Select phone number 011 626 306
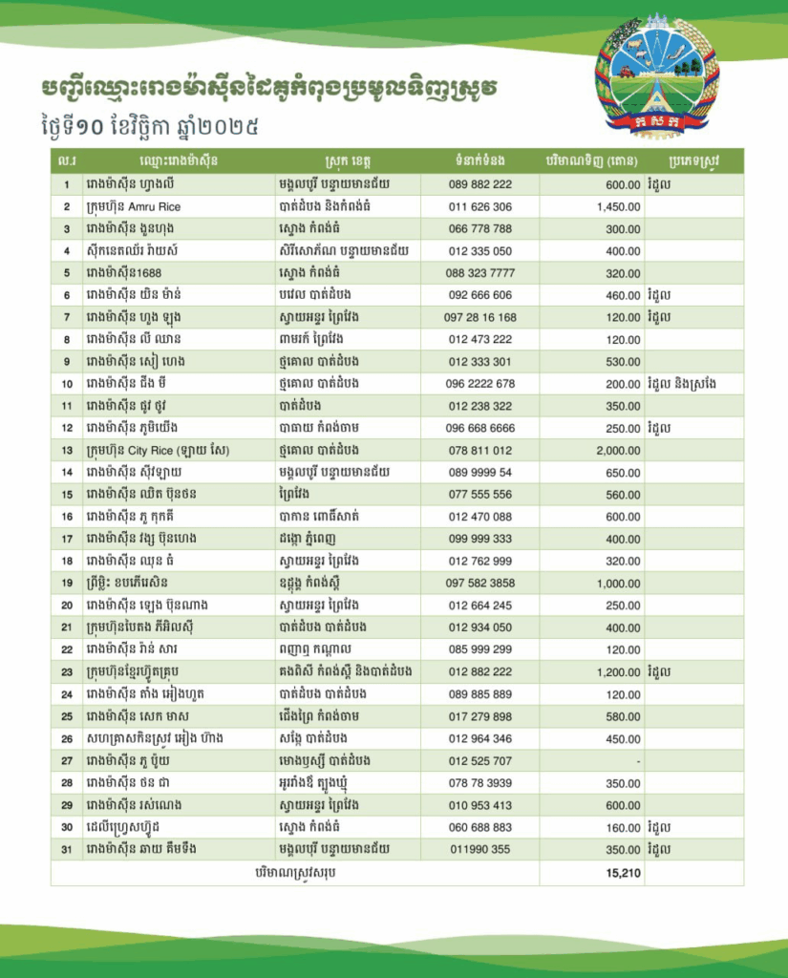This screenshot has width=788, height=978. (x=479, y=206)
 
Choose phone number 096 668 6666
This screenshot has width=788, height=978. (x=479, y=428)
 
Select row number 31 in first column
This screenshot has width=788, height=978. (x=67, y=849)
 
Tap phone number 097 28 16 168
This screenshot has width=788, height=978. (x=479, y=317)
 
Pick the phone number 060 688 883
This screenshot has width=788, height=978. (x=479, y=827)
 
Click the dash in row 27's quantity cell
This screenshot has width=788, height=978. (x=637, y=760)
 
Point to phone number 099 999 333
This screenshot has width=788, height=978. (x=479, y=539)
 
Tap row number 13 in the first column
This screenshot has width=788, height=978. (x=67, y=450)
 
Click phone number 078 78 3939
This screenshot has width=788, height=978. (x=479, y=782)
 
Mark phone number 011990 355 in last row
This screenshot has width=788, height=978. (x=479, y=849)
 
